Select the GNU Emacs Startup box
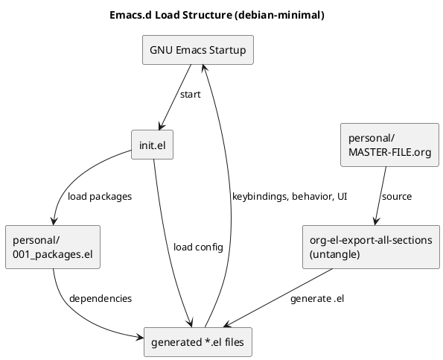click(197, 51)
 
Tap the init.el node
click(152, 145)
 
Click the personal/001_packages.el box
click(52, 247)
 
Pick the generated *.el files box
click(197, 342)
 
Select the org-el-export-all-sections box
click(371, 247)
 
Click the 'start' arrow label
click(190, 95)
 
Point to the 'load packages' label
click(99, 197)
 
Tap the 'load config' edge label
click(197, 247)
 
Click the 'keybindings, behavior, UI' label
click(289, 197)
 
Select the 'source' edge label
click(396, 197)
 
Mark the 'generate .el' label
click(317, 299)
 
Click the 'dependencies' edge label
click(100, 298)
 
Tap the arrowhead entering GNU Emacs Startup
click(204, 69)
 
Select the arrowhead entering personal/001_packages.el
click(53, 221)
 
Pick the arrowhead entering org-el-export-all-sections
click(376, 221)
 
